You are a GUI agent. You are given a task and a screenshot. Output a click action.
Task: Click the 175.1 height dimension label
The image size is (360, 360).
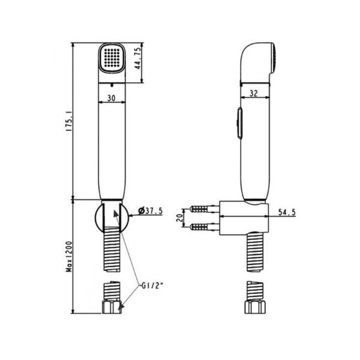69,120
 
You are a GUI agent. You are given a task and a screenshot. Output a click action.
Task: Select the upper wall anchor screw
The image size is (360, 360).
203,208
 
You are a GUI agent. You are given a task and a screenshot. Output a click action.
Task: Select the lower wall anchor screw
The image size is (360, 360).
203,227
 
